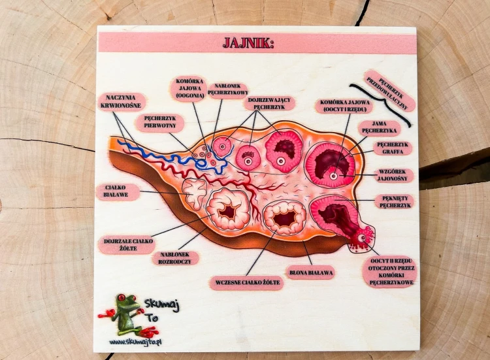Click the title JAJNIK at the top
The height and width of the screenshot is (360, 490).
(248, 43)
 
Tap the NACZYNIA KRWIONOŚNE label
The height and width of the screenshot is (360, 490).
(121, 101)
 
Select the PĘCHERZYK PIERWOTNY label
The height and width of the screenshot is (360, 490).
(160, 122)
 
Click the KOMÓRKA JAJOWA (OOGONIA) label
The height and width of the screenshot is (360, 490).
(189, 88)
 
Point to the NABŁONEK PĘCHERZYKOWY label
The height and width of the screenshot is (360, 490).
(228, 89)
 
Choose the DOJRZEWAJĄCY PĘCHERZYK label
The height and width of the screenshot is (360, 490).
(269, 103)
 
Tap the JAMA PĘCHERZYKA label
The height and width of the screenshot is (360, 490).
(379, 127)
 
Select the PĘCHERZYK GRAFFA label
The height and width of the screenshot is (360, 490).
(393, 148)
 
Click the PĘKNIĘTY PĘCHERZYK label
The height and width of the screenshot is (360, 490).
(395, 202)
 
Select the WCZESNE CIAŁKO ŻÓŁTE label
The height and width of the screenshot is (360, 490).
(247, 283)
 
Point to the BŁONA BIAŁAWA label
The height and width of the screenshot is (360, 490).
(311, 273)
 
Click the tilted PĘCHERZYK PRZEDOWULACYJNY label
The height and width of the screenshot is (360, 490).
(389, 90)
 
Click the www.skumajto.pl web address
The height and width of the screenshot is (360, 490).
(135, 342)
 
